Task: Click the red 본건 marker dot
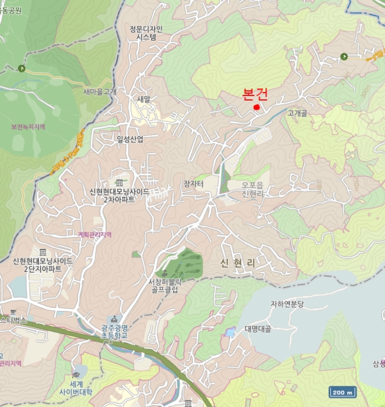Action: click(x=257, y=106)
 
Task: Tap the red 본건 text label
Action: click(x=255, y=95)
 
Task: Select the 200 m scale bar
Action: click(x=342, y=392)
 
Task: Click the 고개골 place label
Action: click(x=297, y=113)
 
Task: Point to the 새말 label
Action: click(x=143, y=99)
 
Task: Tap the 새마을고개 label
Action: click(x=100, y=91)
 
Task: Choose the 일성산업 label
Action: click(x=129, y=138)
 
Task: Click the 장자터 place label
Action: click(x=195, y=184)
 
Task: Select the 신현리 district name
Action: click(x=238, y=263)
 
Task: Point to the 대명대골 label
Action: click(x=258, y=329)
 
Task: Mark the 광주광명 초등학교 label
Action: click(x=113, y=331)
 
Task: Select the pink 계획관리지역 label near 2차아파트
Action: click(x=95, y=234)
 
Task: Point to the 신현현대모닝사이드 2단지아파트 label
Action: click(x=42, y=265)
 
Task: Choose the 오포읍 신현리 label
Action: click(x=253, y=189)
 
